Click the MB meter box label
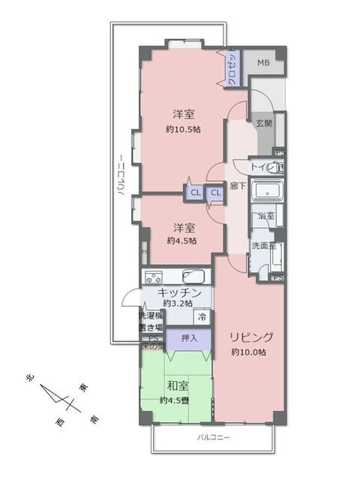[x=263, y=63]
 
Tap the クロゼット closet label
[x=233, y=68]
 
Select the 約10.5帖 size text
[x=184, y=129]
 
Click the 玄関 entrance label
[x=263, y=123]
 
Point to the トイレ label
[x=262, y=168]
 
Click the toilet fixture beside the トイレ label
[x=280, y=168]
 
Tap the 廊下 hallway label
[x=238, y=186]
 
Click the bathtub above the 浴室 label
[x=267, y=193]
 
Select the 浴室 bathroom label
[x=266, y=216]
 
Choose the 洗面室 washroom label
[x=263, y=244]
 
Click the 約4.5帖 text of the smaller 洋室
[x=182, y=241]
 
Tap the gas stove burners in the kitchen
[x=154, y=274]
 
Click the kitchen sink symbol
[x=199, y=274]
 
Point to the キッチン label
[x=178, y=292]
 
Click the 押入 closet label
[x=190, y=339]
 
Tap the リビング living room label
[x=252, y=337]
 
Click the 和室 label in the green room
[x=178, y=386]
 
